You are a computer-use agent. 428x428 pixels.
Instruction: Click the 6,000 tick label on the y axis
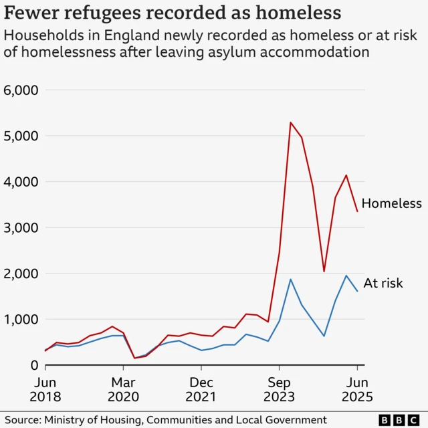click(21, 90)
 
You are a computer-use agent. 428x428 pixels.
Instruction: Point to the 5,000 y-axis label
click(21, 136)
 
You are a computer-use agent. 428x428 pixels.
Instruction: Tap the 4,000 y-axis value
click(21, 182)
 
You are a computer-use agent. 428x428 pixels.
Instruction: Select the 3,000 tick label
click(21, 228)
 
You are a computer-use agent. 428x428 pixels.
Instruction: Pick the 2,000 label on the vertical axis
click(21, 274)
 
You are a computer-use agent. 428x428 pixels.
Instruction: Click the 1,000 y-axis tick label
click(21, 320)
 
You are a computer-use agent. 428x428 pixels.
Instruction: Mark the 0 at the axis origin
click(33, 365)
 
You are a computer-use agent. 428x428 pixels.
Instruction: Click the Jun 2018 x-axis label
click(46, 390)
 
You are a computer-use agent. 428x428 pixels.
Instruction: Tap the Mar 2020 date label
click(124, 390)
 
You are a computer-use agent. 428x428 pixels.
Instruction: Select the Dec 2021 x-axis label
click(201, 390)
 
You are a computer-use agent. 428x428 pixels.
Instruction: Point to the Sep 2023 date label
click(279, 390)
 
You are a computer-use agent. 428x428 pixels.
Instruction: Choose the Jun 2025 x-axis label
click(356, 390)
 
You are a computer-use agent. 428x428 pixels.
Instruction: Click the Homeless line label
click(392, 203)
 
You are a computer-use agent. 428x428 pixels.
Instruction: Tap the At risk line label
click(383, 283)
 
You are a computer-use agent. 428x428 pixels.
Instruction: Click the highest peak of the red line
click(291, 122)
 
